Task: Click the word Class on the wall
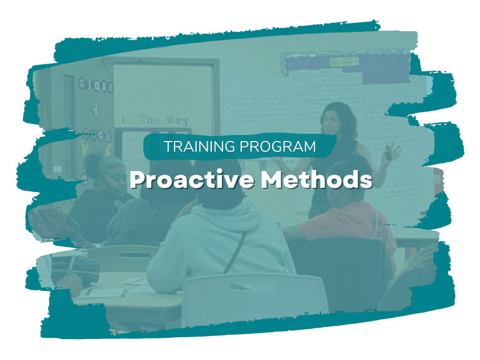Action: click(95, 85)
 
